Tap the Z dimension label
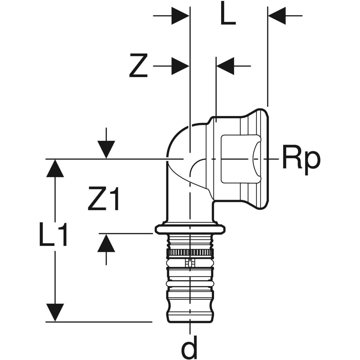(138, 65)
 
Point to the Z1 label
(104, 198)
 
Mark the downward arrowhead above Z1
(106, 149)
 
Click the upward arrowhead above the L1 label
(55, 169)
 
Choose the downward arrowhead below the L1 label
(55, 312)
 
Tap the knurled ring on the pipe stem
(190, 253)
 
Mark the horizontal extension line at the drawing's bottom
(99, 322)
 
